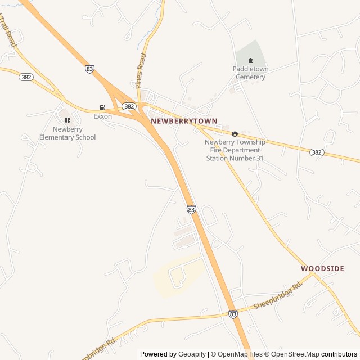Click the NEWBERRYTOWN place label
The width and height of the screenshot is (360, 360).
pyautogui.click(x=184, y=121)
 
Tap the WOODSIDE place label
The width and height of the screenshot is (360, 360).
pyautogui.click(x=322, y=269)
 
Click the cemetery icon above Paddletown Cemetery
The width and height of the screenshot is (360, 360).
pyautogui.click(x=251, y=61)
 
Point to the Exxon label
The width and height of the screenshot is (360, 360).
pyautogui.click(x=102, y=116)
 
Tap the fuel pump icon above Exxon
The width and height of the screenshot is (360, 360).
pyautogui.click(x=102, y=107)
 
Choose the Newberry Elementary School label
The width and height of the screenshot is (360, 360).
pyautogui.click(x=67, y=133)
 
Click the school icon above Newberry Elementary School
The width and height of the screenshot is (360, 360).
pyautogui.click(x=67, y=120)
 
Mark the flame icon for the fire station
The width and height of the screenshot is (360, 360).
pyautogui.click(x=235, y=133)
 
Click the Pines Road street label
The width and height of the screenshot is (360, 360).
pyautogui.click(x=141, y=70)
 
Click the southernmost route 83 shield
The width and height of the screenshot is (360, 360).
pyautogui.click(x=233, y=314)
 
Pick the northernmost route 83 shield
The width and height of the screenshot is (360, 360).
pyautogui.click(x=89, y=68)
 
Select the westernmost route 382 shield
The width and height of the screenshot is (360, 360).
pyautogui.click(x=25, y=77)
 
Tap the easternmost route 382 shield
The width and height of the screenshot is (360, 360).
pyautogui.click(x=316, y=152)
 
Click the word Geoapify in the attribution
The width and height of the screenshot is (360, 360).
pyautogui.click(x=192, y=354)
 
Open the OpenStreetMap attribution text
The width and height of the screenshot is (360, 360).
pyautogui.click(x=295, y=354)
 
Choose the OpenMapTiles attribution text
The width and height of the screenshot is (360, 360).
pyautogui.click(x=239, y=354)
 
